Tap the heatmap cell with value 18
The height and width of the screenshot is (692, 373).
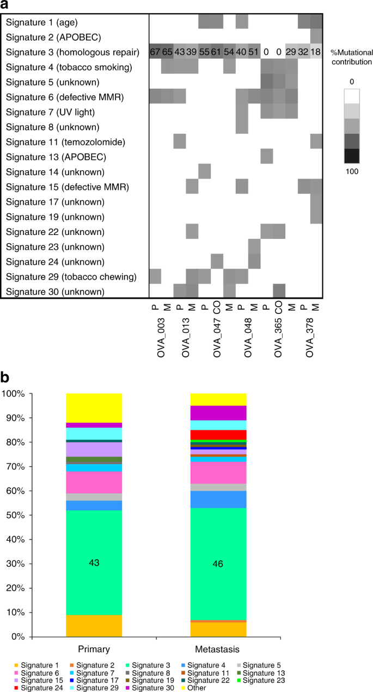(316, 52)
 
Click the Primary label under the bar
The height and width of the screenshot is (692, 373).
(94, 648)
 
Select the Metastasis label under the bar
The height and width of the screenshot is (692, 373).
(218, 648)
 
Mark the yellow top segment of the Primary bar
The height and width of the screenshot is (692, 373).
(94, 407)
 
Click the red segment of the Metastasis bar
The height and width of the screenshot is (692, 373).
(218, 435)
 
